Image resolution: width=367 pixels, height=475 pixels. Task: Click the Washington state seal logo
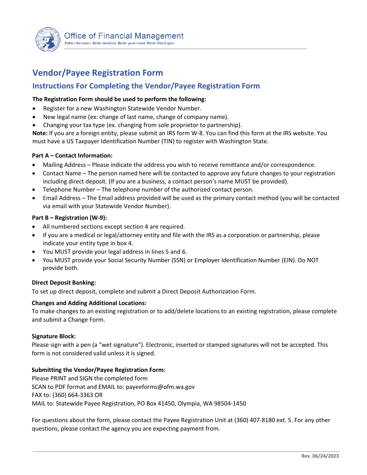(x=48, y=40)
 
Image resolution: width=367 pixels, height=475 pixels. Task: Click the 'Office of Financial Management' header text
(x=124, y=36)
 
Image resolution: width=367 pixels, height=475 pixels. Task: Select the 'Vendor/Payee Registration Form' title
(x=98, y=73)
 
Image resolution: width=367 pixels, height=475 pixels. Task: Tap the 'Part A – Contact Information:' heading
(x=72, y=156)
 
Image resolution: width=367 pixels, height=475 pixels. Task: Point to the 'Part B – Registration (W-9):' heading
(x=70, y=218)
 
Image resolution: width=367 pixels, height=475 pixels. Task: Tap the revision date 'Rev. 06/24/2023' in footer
(x=320, y=456)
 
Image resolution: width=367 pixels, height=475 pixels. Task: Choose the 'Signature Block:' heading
(x=54, y=336)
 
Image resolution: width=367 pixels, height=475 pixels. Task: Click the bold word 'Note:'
(x=40, y=133)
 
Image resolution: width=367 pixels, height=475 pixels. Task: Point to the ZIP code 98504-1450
(x=230, y=404)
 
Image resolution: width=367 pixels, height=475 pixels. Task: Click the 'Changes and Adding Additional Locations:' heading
(x=89, y=303)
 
